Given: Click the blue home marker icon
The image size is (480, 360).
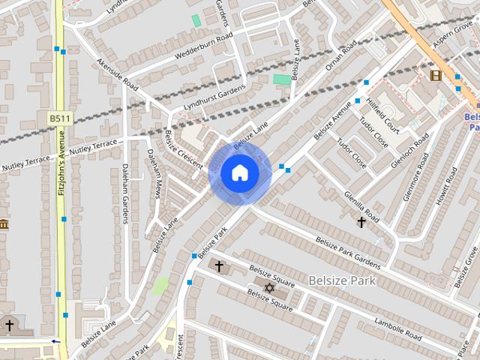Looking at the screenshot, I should [x=240, y=173].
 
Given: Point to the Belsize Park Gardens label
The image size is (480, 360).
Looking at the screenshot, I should [x=347, y=252].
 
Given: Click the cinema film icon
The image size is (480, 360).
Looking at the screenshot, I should [x=436, y=75].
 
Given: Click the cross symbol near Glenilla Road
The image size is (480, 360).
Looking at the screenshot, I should [x=361, y=222].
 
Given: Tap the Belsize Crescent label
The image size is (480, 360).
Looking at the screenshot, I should [x=179, y=150].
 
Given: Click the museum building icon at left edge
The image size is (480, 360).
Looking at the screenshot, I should [x=4, y=224].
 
